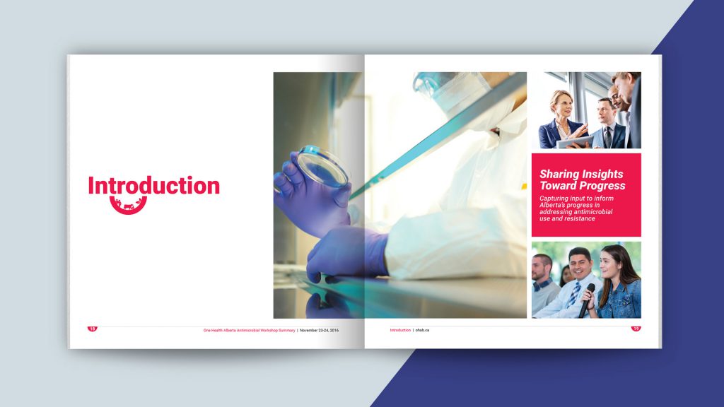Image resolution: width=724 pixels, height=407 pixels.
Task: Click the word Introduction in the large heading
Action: [x=153, y=186]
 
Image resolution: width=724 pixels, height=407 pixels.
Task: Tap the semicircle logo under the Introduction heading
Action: [x=128, y=206]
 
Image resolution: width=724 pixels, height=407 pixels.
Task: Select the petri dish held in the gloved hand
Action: [x=322, y=167]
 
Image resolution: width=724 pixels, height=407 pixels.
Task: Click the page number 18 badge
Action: [x=92, y=329]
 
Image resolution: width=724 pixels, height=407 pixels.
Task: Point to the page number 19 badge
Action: [x=636, y=329]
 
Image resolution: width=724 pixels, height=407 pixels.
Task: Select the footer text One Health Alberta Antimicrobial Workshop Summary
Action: [x=249, y=330]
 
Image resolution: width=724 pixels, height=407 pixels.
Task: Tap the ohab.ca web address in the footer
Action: [x=423, y=330]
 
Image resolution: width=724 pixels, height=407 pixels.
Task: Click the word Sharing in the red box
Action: [x=561, y=174]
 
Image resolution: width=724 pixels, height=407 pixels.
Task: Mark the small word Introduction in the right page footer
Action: [x=399, y=330]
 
